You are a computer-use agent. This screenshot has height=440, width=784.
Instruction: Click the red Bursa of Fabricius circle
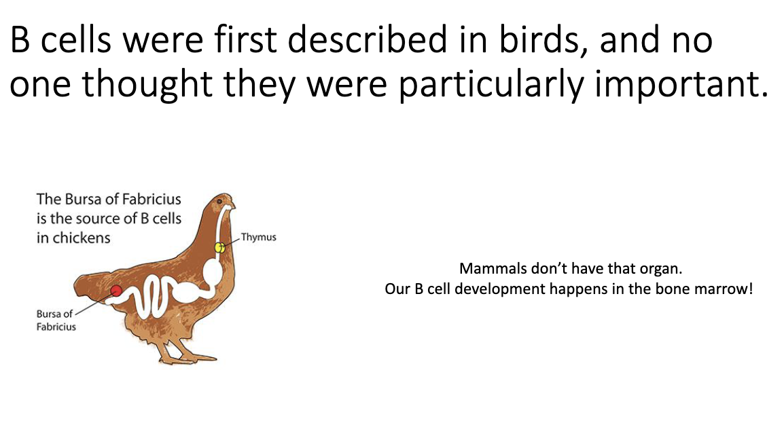(116, 291)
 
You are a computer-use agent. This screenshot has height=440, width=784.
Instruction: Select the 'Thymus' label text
(259, 238)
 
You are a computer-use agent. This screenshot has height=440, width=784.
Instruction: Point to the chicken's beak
(233, 205)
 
